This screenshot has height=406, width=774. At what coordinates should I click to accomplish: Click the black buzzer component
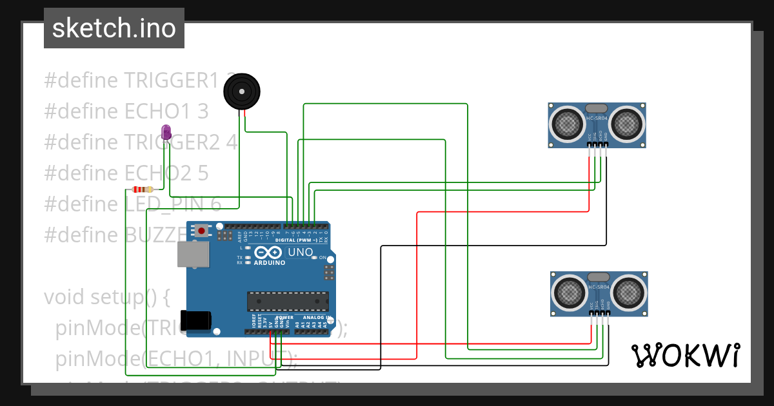241,92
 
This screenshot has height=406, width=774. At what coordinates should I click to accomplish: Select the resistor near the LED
142,189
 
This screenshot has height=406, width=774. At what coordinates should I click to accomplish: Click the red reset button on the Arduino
202,230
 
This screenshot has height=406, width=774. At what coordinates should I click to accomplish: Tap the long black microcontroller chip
288,301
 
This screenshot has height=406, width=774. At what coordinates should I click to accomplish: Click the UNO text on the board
300,252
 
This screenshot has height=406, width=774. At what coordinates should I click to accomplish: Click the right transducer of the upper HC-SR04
626,122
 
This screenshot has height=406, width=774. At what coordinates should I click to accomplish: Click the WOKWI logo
686,355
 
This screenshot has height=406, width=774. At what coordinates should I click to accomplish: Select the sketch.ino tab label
114,28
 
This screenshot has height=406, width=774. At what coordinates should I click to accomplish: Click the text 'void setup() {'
106,297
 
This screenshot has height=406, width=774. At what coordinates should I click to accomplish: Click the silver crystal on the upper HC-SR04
597,109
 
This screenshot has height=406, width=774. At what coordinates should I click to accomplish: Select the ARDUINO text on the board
270,263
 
